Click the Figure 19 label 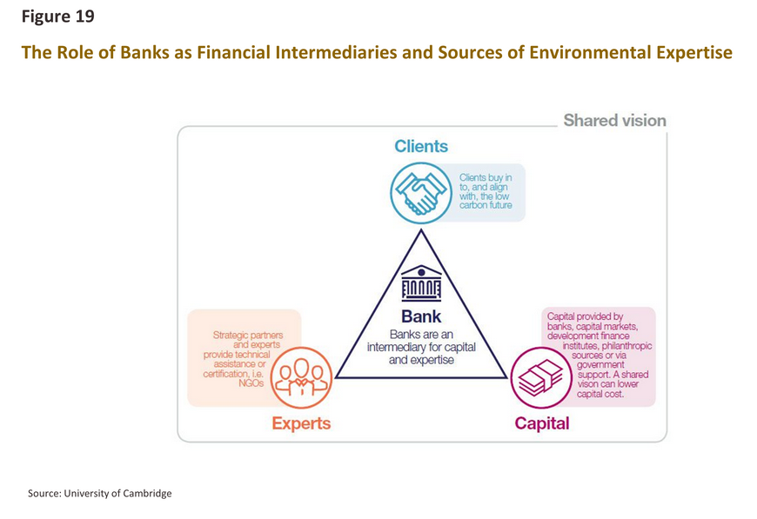[x=58, y=17]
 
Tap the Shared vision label [x=614, y=120]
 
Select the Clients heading [x=421, y=146]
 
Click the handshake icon [x=421, y=193]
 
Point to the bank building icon [x=421, y=283]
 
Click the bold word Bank [x=421, y=316]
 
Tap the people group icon [x=301, y=377]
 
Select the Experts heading [x=301, y=423]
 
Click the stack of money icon [x=541, y=377]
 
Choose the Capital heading [x=542, y=423]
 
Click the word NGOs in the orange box [x=251, y=383]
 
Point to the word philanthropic [x=626, y=346]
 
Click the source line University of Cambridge [x=99, y=494]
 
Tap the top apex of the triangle [x=421, y=230]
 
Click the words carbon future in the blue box [x=486, y=205]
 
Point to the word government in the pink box [x=600, y=364]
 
